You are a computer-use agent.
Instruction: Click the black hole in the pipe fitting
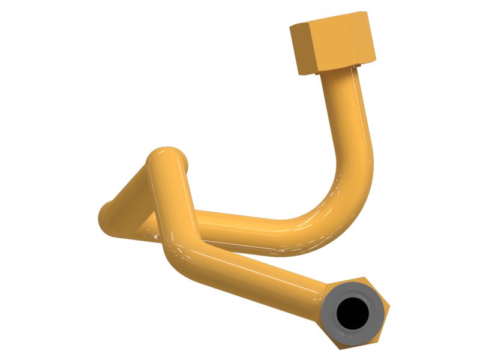point(353,314)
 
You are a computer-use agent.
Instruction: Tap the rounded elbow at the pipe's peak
point(167,158)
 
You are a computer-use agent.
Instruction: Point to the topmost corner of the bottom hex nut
point(364,278)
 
